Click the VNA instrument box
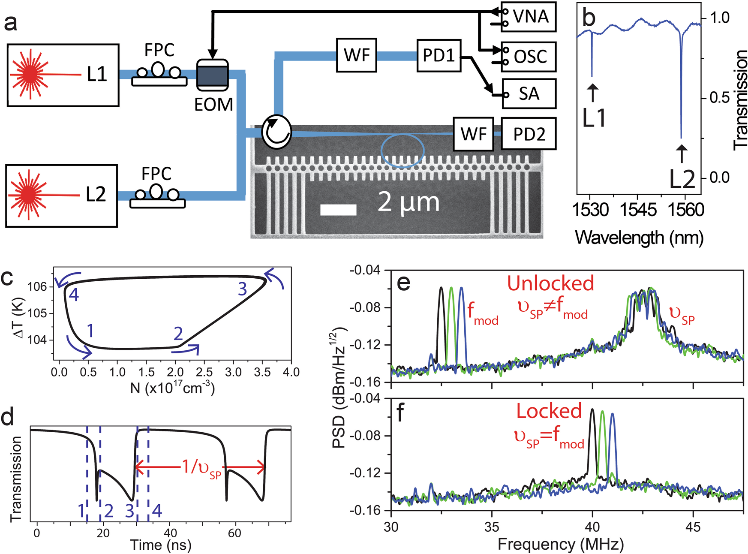tap(530, 17)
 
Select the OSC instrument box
tap(530, 57)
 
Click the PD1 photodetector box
tap(439, 56)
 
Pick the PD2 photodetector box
tap(529, 134)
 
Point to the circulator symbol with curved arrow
tap(276, 131)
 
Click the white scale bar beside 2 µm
tap(338, 210)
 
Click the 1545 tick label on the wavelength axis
tap(637, 210)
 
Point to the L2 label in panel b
tap(682, 179)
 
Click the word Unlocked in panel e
tap(550, 283)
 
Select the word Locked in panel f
tap(549, 411)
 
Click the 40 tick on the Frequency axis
tap(592, 527)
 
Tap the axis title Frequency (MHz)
tap(560, 545)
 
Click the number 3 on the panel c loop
tap(243, 289)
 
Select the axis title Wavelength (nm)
tap(639, 237)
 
